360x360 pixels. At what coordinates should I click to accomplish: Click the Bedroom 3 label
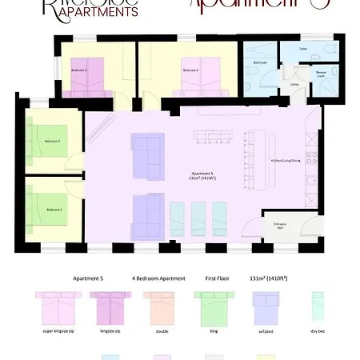79,71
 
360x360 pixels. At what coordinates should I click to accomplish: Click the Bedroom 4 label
190,71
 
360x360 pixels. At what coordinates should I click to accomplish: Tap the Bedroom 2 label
53,141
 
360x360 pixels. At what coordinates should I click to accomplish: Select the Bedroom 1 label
54,209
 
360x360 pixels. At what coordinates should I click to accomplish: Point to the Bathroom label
260,62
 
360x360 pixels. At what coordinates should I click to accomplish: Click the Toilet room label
304,49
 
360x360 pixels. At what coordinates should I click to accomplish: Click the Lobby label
295,83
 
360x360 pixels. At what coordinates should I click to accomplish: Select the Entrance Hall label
280,226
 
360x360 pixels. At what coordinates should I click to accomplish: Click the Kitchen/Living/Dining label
286,160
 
